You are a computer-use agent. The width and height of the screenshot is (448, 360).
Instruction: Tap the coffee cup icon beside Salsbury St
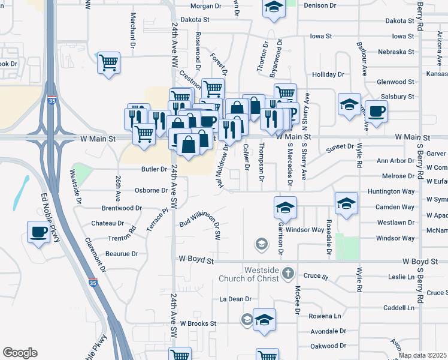coord(377,111)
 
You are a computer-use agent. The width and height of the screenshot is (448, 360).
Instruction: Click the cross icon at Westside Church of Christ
coord(288,273)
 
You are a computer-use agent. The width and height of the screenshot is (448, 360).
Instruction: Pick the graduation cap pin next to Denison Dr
coord(274,8)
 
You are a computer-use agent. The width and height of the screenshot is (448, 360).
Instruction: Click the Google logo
coord(20,353)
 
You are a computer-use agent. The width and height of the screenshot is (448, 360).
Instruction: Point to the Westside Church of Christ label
coord(261,274)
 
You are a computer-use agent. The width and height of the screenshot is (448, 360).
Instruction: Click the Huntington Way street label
coord(392,191)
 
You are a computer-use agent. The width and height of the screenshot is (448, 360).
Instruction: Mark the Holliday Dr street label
coord(328,74)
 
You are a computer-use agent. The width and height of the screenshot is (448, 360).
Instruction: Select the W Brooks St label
coord(198,323)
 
